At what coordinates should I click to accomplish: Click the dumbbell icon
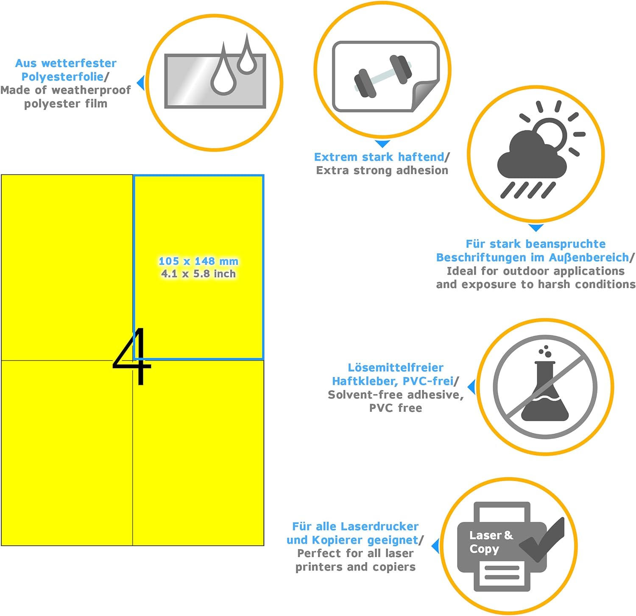tap(383, 76)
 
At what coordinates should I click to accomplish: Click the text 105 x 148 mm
tap(198, 261)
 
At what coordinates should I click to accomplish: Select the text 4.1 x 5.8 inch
tap(198, 274)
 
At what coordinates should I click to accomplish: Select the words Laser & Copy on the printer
tap(491, 542)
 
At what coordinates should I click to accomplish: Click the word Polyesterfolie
tap(62, 77)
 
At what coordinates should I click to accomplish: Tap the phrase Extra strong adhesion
tap(382, 170)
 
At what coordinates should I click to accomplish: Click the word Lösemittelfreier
tap(396, 367)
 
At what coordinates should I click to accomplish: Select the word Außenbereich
tap(589, 258)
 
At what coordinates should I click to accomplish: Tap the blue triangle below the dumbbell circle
tap(382, 144)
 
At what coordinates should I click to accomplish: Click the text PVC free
tap(396, 408)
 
